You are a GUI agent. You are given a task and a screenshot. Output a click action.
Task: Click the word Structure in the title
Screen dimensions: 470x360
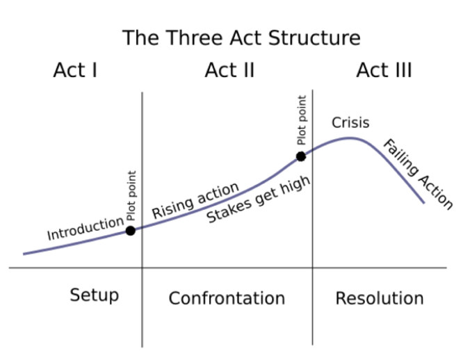coord(314,38)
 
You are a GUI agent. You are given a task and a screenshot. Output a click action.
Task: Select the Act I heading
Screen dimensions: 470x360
coord(75,70)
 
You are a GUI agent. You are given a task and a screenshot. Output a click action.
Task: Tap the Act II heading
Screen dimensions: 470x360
coord(229,70)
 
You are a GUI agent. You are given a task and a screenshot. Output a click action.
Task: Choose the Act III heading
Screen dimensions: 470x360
coord(384,70)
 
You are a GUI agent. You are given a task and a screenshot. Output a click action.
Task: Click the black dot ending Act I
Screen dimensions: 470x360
coord(131,231)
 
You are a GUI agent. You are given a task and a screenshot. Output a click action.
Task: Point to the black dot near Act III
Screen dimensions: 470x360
coord(301,156)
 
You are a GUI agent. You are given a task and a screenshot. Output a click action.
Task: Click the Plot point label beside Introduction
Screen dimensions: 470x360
coord(131,195)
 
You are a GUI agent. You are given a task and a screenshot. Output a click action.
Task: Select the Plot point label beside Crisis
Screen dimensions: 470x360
coord(302,120)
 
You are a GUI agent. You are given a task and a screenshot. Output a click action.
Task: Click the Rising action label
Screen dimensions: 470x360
coord(195,200)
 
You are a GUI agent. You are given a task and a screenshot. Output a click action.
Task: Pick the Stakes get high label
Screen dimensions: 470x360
coord(259,199)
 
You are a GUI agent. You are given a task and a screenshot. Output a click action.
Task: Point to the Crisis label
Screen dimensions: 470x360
coord(350,123)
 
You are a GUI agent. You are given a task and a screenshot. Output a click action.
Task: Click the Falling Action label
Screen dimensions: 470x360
coord(418,174)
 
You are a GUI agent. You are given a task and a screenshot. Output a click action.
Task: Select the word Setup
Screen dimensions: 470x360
coord(95,295)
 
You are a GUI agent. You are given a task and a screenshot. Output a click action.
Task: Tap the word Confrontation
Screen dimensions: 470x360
coord(227,299)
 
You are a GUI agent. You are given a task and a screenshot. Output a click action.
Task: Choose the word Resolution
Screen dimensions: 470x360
coord(380,299)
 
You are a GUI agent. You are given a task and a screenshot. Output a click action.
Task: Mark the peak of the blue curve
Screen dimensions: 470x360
coord(349,138)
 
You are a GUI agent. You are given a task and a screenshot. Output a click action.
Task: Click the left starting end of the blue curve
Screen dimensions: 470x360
coord(24,254)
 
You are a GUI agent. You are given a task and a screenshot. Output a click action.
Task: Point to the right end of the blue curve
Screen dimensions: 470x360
coord(424,203)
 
